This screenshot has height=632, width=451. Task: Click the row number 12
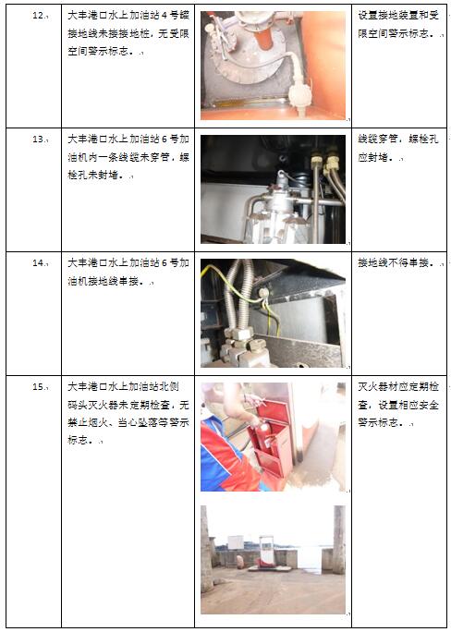tap(38, 17)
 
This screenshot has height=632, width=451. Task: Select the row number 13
tap(38, 140)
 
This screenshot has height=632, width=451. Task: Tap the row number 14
tap(38, 263)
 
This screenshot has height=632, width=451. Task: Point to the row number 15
tap(38, 387)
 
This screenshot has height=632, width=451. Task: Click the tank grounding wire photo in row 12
tap(273, 66)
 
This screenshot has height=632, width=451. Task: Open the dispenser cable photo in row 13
tap(273, 189)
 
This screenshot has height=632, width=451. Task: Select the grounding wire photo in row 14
tap(273, 313)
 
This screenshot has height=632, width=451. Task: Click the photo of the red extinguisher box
tap(273, 436)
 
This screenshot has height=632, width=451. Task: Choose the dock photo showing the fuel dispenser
tap(273, 560)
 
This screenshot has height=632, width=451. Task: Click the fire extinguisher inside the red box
tap(264, 437)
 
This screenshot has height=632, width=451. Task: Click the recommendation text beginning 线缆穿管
tap(398, 148)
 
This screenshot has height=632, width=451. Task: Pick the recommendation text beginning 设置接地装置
tap(398, 24)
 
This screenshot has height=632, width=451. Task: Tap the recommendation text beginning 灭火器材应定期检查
tap(398, 405)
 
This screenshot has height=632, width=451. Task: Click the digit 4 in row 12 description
tap(164, 16)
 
